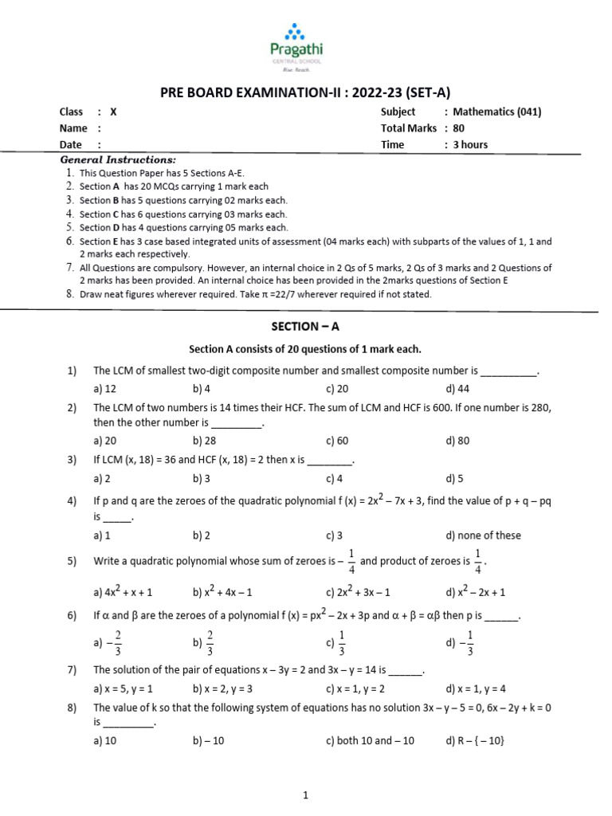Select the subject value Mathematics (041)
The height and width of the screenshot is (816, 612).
point(496,112)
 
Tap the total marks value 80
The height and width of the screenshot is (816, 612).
point(459,128)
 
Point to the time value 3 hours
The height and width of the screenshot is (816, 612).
point(470,144)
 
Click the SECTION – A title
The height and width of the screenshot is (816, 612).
point(305,327)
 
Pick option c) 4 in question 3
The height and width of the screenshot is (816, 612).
point(334,478)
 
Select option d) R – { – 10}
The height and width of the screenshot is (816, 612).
point(475,740)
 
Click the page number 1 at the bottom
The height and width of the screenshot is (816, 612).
point(305,794)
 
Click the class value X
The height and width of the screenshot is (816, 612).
point(113,112)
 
